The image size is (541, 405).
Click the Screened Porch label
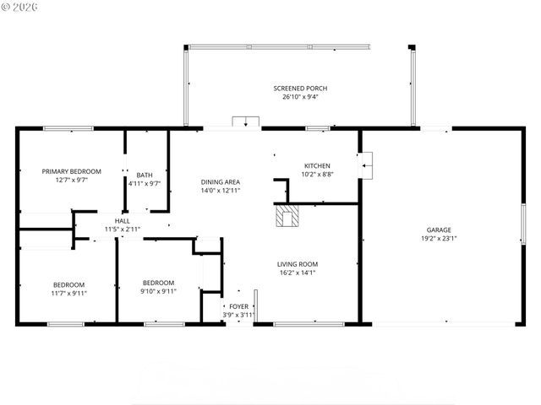coord(300,89)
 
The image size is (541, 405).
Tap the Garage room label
coord(438,229)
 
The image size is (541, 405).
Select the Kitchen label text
coord(317,165)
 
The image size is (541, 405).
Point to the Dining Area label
coord(221,182)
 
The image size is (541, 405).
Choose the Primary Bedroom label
coord(72,171)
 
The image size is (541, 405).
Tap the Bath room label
coord(145,175)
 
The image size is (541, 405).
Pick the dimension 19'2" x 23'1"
coord(439,238)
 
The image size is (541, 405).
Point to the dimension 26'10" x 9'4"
coord(300,97)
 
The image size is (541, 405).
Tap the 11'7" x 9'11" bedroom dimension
coord(69,293)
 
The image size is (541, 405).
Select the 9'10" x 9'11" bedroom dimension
coord(158,291)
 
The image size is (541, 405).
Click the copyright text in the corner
coord(20,6)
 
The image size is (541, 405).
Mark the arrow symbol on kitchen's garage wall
coord(364,165)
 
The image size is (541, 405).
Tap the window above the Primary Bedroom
coord(68,128)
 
